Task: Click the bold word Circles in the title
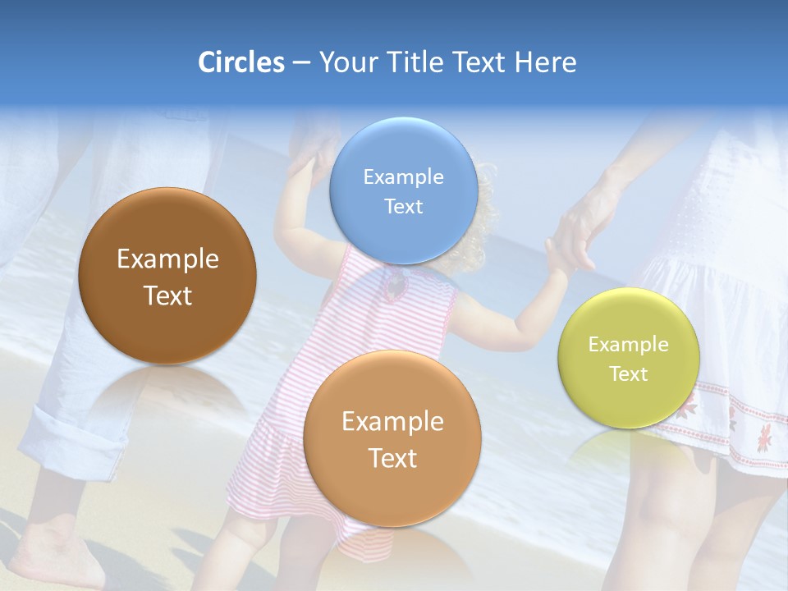(x=241, y=62)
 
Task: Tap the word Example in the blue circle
(x=403, y=177)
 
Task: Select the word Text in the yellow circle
(x=629, y=374)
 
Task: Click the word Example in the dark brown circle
(x=167, y=259)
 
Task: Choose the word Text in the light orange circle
(x=392, y=458)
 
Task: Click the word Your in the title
(x=346, y=62)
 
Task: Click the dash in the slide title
(x=300, y=63)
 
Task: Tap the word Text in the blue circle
(x=403, y=207)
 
